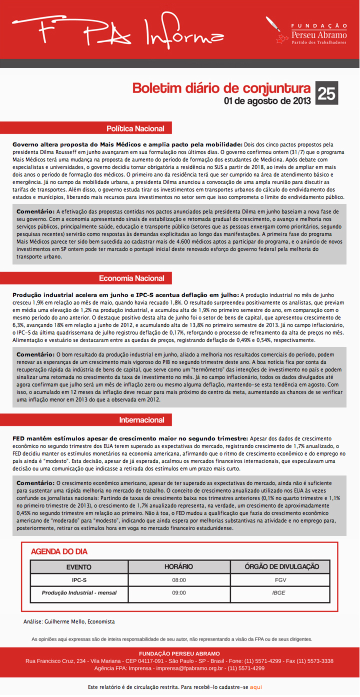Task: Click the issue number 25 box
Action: pos(327,93)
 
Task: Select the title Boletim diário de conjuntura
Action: pos(221,88)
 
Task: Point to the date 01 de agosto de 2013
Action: pos(267,101)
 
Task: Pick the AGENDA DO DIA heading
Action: pos(59,551)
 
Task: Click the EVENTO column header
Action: pos(79,566)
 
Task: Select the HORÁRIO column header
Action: pos(178,566)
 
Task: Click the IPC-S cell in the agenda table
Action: pos(79,580)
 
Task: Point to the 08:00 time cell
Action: pos(178,580)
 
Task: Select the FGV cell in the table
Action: pos(280,580)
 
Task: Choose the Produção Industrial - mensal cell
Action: pos(79,593)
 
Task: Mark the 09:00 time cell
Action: pos(178,593)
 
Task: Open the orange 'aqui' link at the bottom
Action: pos(256,687)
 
